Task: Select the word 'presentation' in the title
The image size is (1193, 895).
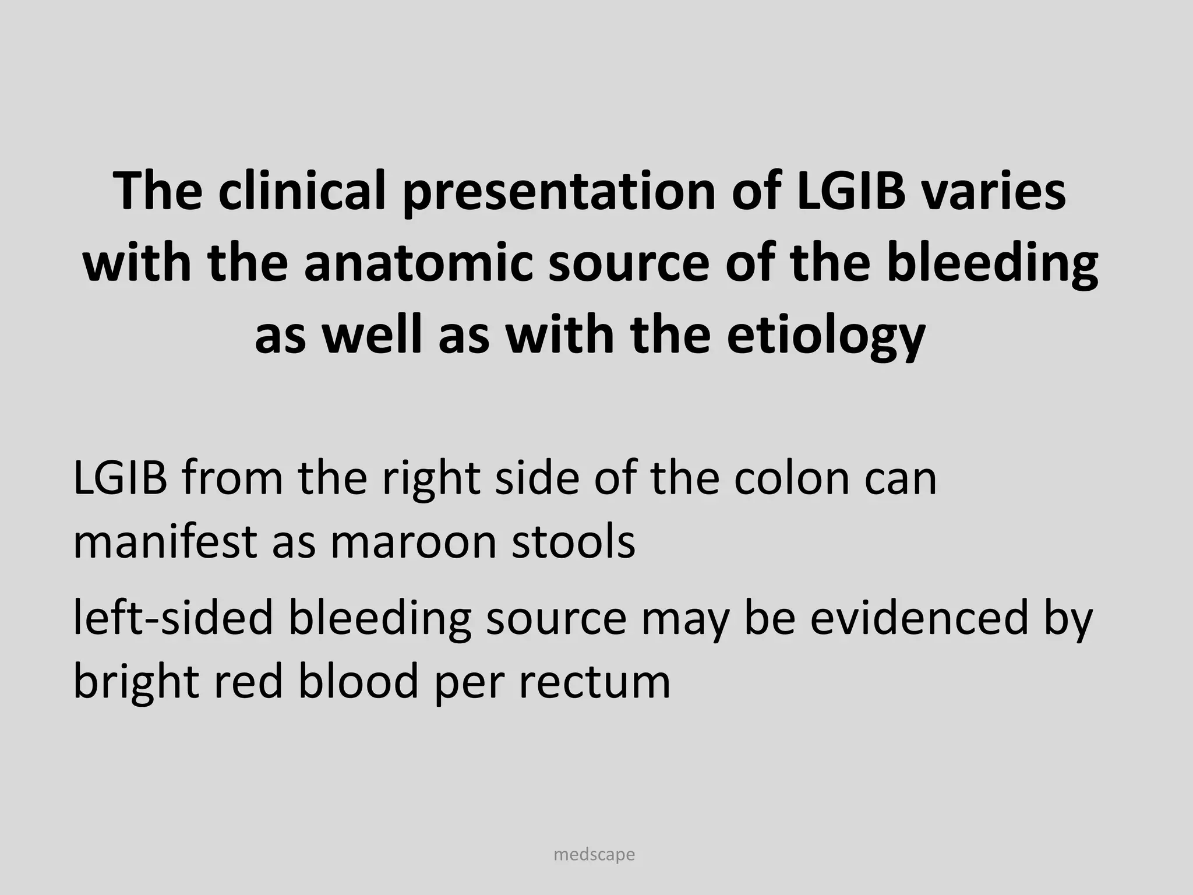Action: coord(559,191)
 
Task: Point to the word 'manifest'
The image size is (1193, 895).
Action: coord(165,541)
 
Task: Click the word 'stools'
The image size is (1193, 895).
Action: coord(573,541)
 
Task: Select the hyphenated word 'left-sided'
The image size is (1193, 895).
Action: coord(173,618)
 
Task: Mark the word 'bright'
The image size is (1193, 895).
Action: coord(136,682)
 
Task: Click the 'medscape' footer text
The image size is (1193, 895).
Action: coord(594,855)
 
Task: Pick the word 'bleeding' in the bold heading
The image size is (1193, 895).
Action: coord(992,264)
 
